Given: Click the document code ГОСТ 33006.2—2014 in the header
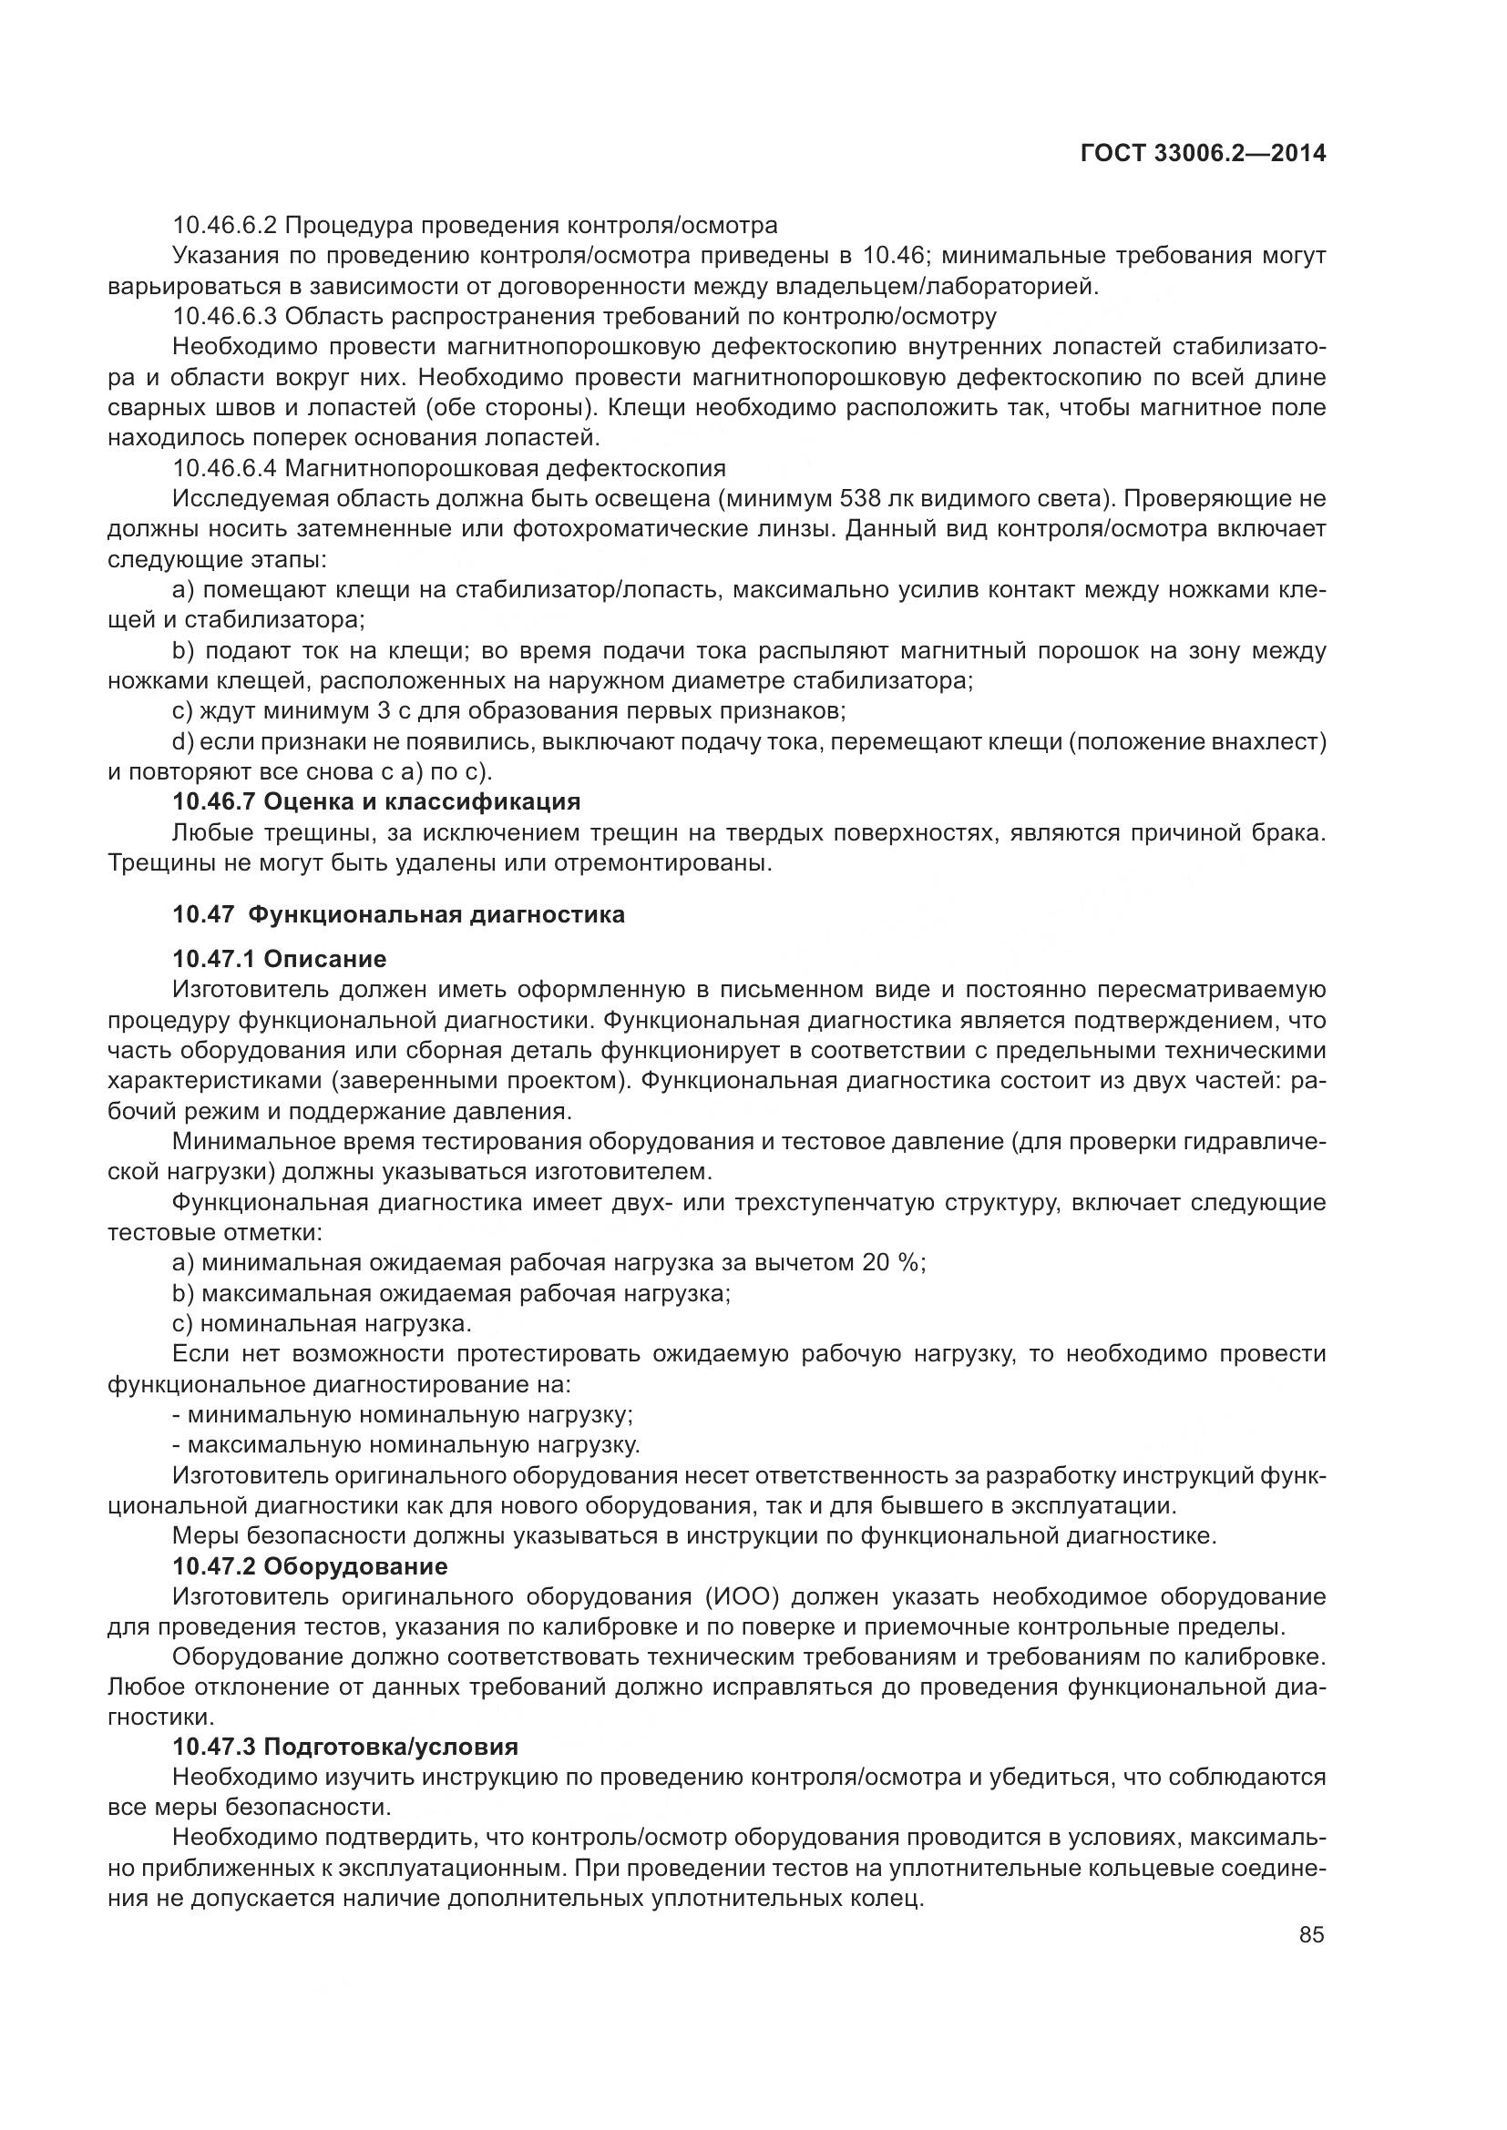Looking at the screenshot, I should pyautogui.click(x=1203, y=154).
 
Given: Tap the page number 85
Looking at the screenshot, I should pyautogui.click(x=1311, y=1935).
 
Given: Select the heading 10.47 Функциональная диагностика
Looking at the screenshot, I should pyautogui.click(x=398, y=914).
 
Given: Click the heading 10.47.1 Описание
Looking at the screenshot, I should pyautogui.click(x=280, y=958).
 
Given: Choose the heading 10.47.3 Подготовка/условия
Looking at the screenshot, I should pyautogui.click(x=345, y=1747).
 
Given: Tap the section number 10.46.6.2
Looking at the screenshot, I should pyautogui.click(x=224, y=226).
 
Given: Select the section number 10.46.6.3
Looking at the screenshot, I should pyautogui.click(x=224, y=316).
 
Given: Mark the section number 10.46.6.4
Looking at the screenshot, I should pyautogui.click(x=224, y=467).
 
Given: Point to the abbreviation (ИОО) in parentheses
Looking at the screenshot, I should pyautogui.click(x=739, y=1597).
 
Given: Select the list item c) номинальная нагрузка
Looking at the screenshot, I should pyautogui.click(x=322, y=1323).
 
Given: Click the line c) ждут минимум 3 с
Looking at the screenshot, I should pyautogui.click(x=508, y=711).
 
